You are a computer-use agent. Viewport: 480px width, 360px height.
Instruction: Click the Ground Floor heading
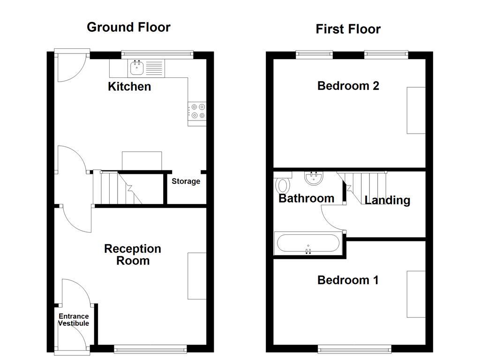click(128, 27)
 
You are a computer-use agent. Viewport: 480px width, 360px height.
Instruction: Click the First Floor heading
click(348, 29)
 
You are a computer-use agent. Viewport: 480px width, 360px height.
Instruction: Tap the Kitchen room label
click(129, 86)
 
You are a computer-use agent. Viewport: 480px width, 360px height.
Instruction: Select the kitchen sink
click(137, 69)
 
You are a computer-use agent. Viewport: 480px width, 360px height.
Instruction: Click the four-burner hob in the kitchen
click(197, 111)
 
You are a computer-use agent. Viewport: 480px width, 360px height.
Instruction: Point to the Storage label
click(186, 181)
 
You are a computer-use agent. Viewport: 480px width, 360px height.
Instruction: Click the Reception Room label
click(133, 255)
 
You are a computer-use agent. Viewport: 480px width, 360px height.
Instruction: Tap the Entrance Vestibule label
click(74, 320)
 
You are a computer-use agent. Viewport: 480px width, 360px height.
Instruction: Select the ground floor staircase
click(117, 187)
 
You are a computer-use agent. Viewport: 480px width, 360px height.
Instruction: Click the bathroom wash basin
click(313, 178)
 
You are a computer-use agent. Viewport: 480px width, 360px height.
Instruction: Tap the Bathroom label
click(306, 198)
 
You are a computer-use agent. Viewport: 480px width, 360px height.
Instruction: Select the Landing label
click(387, 200)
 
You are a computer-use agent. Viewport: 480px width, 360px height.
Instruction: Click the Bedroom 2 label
click(348, 86)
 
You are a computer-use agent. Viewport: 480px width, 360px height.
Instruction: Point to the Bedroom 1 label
click(348, 280)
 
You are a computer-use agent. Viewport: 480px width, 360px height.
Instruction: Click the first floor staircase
click(366, 185)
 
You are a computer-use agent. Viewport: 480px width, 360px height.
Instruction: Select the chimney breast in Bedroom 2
click(416, 110)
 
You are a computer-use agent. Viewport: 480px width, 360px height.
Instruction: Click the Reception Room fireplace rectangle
click(197, 276)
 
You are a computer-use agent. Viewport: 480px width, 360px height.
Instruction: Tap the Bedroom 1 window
click(354, 349)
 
